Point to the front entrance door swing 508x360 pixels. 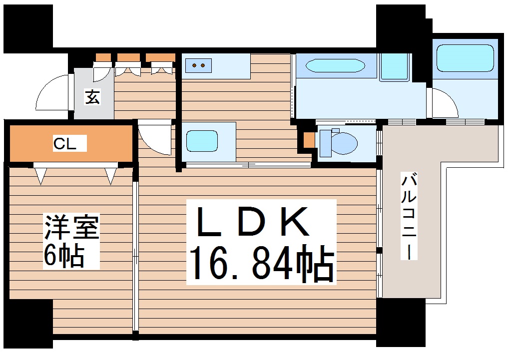52,93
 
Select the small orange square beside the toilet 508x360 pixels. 309,141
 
